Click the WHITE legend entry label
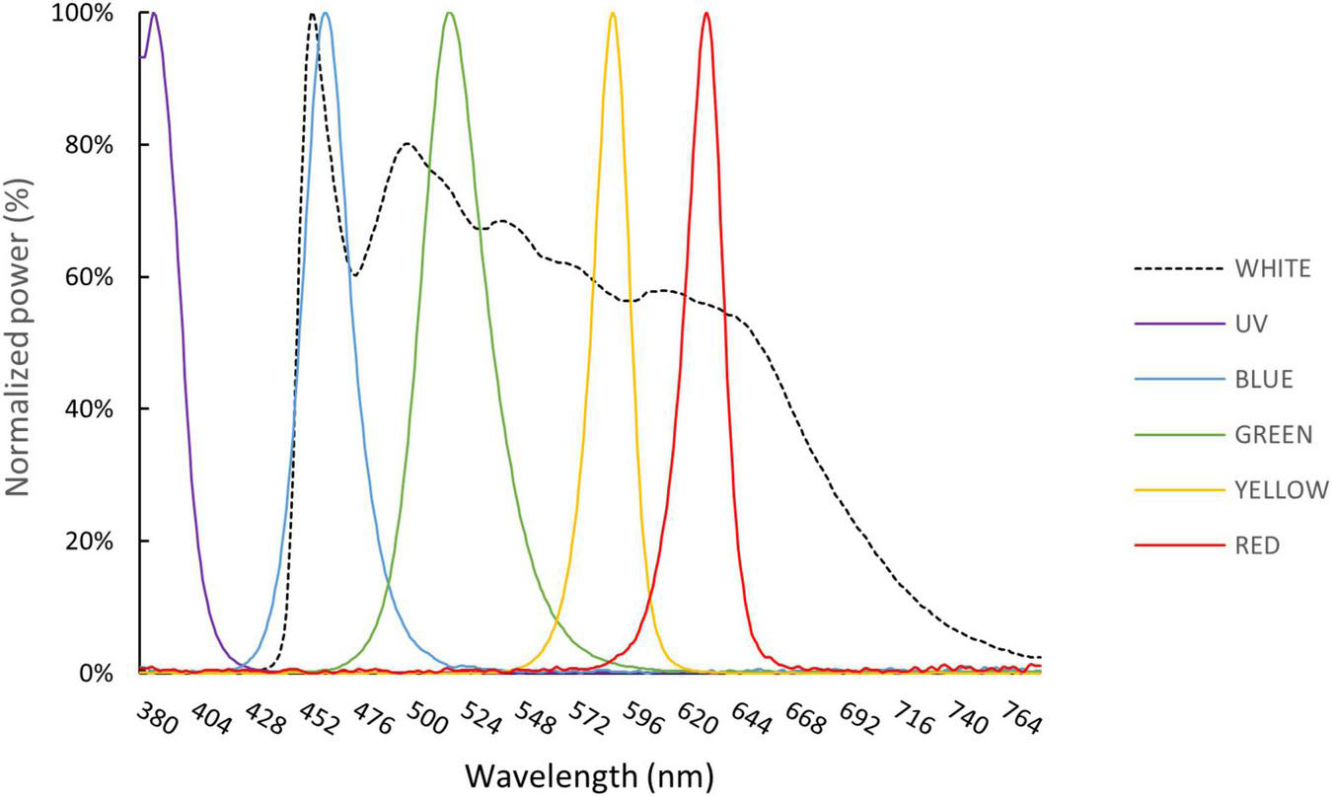[1272, 268]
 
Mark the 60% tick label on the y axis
[93, 277]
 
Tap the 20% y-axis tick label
[93, 542]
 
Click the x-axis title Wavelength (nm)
[589, 774]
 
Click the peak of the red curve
[705, 14]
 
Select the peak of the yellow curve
[613, 14]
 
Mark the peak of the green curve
[450, 14]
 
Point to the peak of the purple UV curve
[153, 14]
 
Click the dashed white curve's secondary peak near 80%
[407, 144]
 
